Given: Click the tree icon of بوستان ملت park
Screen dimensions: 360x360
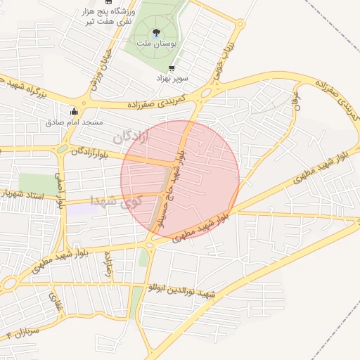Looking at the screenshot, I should pos(156,32).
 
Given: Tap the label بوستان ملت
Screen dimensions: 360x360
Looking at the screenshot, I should pos(156,44).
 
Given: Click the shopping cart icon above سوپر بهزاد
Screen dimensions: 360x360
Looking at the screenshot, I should pos(172,69).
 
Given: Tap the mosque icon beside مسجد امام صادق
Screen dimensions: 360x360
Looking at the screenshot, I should pos(74,110).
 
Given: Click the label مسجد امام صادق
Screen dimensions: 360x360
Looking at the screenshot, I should pos(75,122).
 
